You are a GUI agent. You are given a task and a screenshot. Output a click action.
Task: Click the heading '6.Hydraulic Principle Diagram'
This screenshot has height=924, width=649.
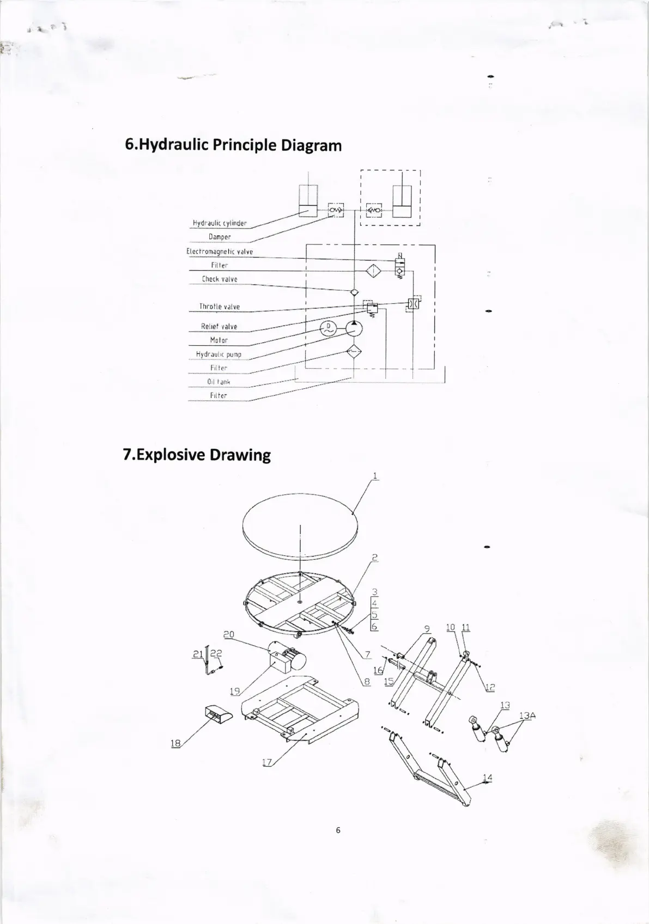tap(233, 145)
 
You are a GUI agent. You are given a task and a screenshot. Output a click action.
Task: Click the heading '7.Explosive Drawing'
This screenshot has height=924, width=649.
tap(197, 455)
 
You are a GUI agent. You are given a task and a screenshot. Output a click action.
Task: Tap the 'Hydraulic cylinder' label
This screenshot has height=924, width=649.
tap(219, 223)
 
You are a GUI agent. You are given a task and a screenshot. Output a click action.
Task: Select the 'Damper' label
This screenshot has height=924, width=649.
tap(220, 237)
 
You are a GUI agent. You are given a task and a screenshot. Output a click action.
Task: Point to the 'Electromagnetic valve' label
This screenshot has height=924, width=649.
tap(220, 252)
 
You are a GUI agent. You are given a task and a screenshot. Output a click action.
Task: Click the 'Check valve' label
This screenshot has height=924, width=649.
tap(220, 279)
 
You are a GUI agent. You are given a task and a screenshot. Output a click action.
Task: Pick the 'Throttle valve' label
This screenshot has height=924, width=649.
tap(220, 307)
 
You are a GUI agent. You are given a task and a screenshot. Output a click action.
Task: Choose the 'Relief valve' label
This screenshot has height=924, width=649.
tap(219, 327)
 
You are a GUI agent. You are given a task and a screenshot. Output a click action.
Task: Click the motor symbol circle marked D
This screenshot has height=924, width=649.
tap(329, 327)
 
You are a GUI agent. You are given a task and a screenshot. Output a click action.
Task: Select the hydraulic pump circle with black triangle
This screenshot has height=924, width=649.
tap(354, 328)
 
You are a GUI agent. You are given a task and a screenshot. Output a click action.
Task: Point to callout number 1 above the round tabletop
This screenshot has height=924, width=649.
tap(375, 476)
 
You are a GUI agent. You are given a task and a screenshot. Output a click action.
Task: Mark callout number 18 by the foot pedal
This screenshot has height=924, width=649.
tap(175, 743)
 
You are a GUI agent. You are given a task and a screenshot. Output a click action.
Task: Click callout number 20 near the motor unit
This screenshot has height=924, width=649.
tap(229, 634)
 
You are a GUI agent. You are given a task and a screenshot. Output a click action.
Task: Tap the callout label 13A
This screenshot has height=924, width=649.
tap(527, 715)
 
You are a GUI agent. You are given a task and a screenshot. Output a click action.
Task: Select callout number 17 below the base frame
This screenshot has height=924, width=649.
tap(266, 762)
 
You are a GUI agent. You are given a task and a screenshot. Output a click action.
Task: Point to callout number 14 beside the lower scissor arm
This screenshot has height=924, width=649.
tap(487, 778)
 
